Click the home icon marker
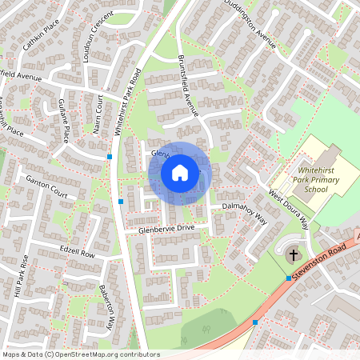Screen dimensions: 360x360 coord(180,172)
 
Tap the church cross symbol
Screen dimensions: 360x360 coord(293,255)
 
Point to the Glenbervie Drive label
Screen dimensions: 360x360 coord(166,229)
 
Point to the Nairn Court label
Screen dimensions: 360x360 coord(97,115)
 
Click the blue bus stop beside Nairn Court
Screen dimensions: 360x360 coord(110,157)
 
